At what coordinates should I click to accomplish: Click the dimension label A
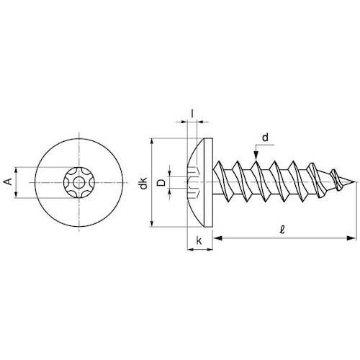pyautogui.click(x=9, y=181)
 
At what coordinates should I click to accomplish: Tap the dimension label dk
pyautogui.click(x=143, y=183)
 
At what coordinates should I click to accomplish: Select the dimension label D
pyautogui.click(x=162, y=183)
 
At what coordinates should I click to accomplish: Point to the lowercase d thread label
pyautogui.click(x=265, y=138)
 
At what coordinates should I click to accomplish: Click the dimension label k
pyautogui.click(x=199, y=240)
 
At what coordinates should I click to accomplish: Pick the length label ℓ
pyautogui.click(x=282, y=230)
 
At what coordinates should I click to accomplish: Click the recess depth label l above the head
pyautogui.click(x=192, y=114)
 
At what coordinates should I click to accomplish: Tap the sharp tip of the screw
pyautogui.click(x=355, y=182)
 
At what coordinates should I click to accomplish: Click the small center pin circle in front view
pyautogui.click(x=79, y=183)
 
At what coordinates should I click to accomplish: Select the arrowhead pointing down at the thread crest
pyautogui.click(x=256, y=156)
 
